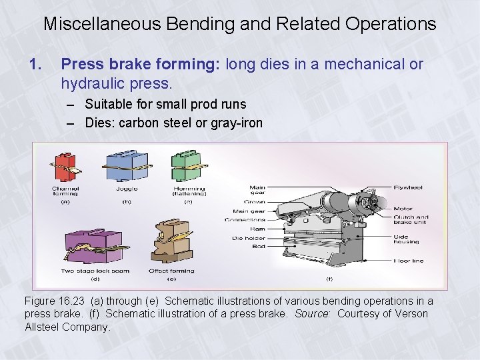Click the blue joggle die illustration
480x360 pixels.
126,165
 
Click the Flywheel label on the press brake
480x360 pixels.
407,187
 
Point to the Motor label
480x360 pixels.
403,209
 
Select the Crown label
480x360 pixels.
255,201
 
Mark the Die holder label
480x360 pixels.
248,238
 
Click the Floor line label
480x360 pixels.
408,261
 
